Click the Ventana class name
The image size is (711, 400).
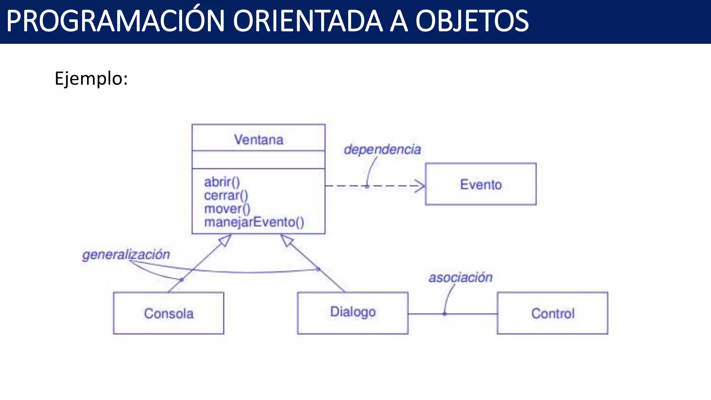coord(259,140)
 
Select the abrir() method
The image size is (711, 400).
coord(222,182)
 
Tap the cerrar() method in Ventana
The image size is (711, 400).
coord(226,195)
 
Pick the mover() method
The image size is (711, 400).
coord(227,209)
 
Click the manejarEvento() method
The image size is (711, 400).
coord(254,222)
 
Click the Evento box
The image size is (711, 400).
coord(480,184)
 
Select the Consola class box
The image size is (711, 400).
coord(169,313)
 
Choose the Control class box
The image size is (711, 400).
coord(552,313)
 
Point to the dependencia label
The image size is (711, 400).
coord(382,150)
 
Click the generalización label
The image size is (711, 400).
coord(126,255)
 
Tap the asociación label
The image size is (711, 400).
coord(460,277)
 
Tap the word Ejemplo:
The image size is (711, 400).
coord(91,78)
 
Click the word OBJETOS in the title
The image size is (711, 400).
coord(472,22)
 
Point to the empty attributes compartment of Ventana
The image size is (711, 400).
coord(259,160)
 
